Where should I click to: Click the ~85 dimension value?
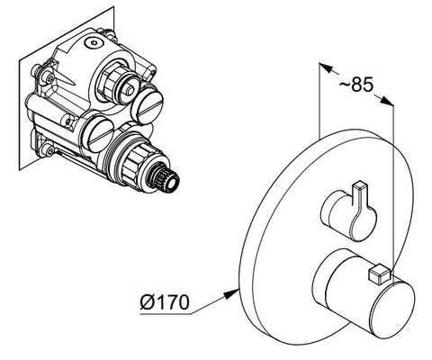tap(356, 85)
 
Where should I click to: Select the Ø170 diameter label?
tap(165, 301)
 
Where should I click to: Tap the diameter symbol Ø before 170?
tap(147, 301)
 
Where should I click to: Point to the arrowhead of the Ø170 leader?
tap(232, 293)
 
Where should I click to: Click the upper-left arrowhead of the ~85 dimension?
tap(326, 67)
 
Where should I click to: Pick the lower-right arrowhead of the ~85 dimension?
tap(386, 101)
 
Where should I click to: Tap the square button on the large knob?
tap(378, 274)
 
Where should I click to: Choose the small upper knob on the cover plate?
tap(348, 211)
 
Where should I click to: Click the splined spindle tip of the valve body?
tap(166, 181)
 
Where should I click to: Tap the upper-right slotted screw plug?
tap(148, 103)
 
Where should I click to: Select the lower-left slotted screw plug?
tap(96, 134)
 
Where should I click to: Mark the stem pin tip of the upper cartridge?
tap(131, 90)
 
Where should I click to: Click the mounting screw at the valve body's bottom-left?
tap(47, 149)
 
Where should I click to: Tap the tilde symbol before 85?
tap(345, 84)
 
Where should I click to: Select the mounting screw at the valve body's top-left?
tap(49, 77)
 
